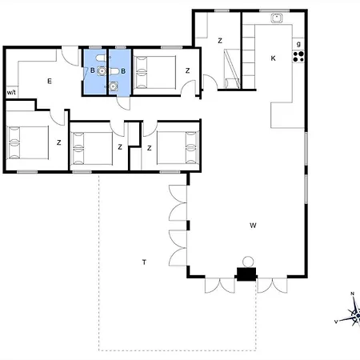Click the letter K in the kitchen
(x=273, y=58)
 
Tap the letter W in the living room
(x=253, y=226)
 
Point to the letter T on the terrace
(x=144, y=262)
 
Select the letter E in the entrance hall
(x=50, y=81)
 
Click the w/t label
(x=11, y=93)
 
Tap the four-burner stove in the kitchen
(x=298, y=57)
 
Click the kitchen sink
(x=277, y=18)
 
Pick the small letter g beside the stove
(x=298, y=44)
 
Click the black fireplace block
(x=246, y=274)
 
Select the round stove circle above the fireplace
(x=248, y=262)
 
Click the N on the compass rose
(x=352, y=294)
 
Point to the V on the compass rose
(x=336, y=322)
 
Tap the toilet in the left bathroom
(x=101, y=58)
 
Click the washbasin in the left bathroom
(x=102, y=71)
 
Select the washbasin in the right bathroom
(x=114, y=86)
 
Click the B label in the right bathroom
(x=123, y=71)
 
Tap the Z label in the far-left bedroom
(x=59, y=142)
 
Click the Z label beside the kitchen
(x=220, y=41)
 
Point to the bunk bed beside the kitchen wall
(x=232, y=69)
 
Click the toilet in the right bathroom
(x=114, y=71)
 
